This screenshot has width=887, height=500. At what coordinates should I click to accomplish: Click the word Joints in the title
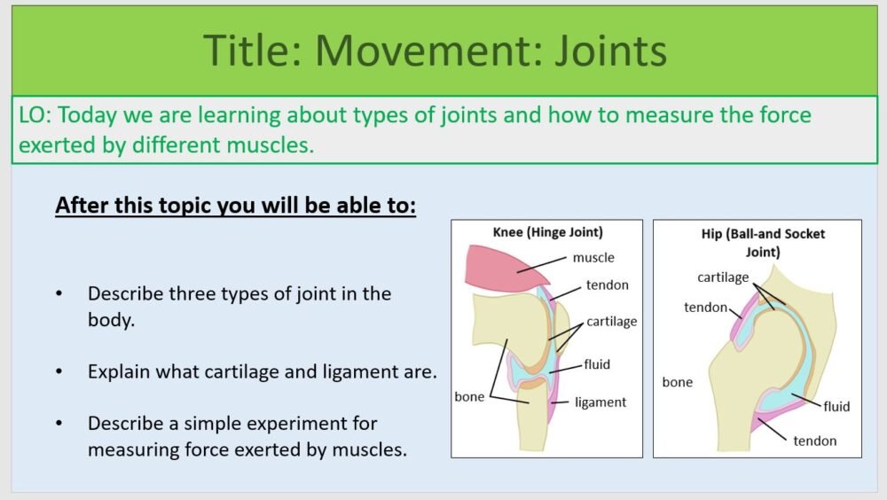(x=609, y=51)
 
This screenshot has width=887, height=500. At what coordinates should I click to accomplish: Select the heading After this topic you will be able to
(x=235, y=205)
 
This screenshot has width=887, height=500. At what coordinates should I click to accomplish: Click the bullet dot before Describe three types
(x=59, y=293)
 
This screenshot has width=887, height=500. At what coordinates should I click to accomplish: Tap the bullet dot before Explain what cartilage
(x=59, y=371)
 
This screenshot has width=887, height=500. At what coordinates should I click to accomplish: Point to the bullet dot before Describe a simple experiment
(x=59, y=424)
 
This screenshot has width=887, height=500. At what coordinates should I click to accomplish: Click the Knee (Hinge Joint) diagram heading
(x=547, y=232)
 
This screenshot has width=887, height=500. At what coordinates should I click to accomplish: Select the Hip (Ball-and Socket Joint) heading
(x=757, y=242)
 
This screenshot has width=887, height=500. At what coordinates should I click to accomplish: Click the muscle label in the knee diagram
(x=593, y=258)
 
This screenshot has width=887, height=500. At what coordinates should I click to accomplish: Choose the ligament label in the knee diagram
(x=600, y=402)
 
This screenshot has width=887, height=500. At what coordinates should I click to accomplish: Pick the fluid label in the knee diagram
(x=597, y=363)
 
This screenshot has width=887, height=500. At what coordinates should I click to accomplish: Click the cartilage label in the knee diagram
(x=611, y=321)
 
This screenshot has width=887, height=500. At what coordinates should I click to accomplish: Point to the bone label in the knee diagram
(x=469, y=396)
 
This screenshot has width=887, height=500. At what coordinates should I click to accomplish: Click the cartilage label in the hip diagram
(x=723, y=277)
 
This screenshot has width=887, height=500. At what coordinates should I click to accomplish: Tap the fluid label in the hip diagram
(x=836, y=406)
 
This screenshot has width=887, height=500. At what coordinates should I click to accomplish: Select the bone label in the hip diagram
(x=678, y=382)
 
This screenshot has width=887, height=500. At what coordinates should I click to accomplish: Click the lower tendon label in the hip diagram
(x=814, y=441)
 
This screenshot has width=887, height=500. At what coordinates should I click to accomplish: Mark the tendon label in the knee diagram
(x=607, y=285)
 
